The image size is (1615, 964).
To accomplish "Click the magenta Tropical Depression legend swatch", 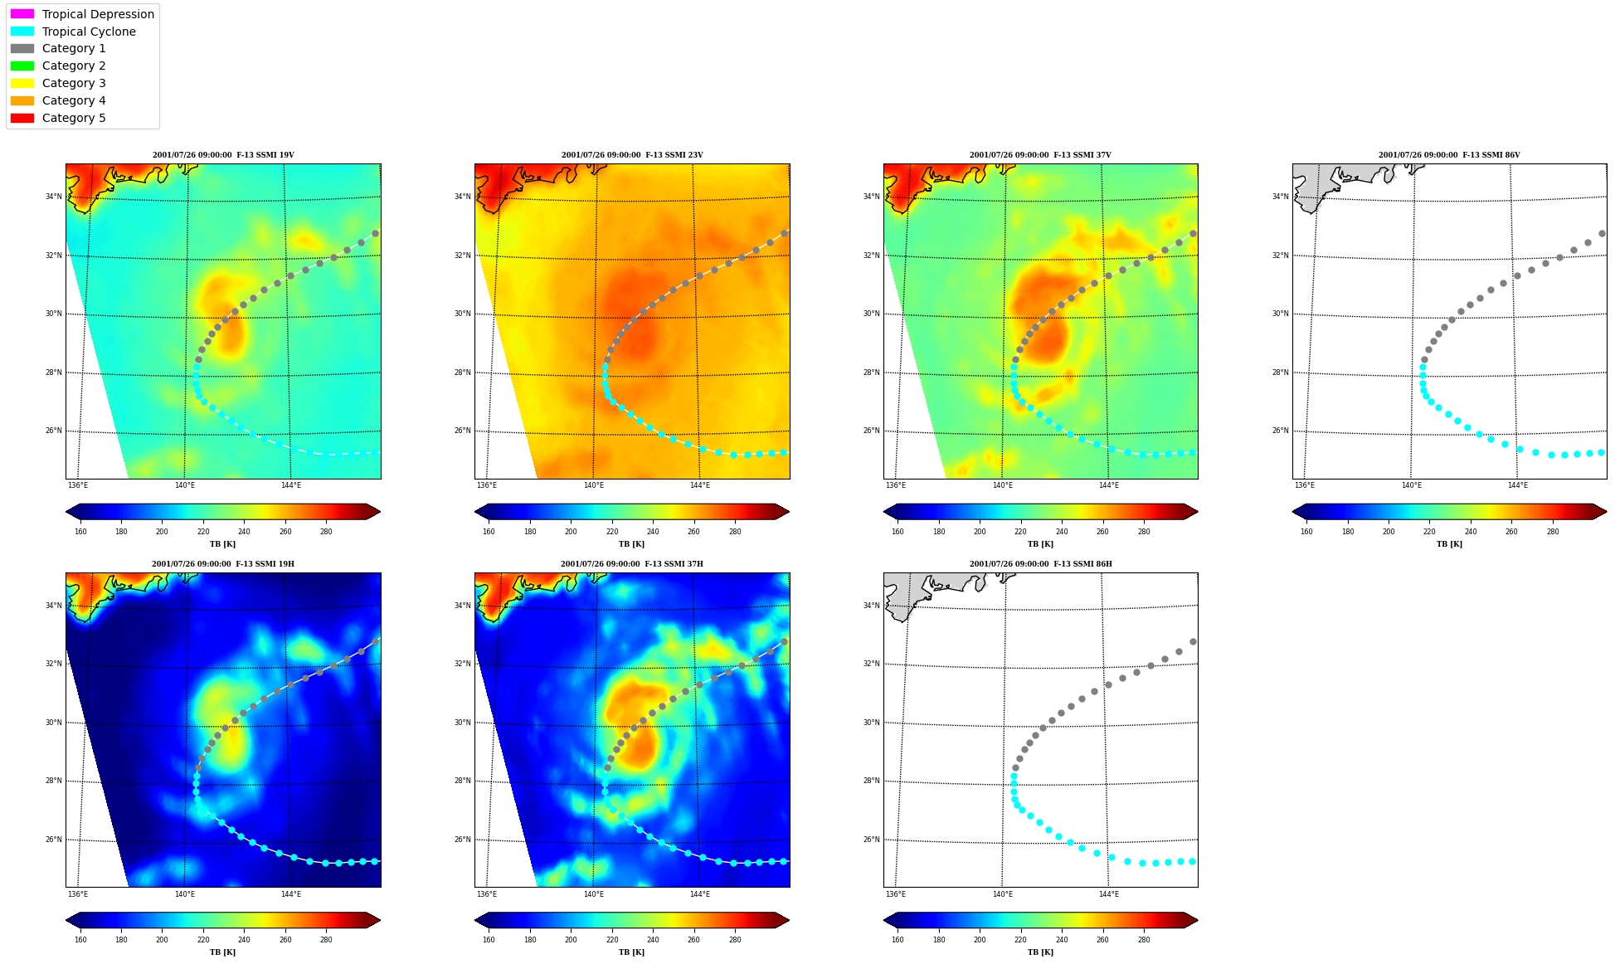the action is (x=22, y=14).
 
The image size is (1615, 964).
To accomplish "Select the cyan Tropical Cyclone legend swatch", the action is (x=22, y=32).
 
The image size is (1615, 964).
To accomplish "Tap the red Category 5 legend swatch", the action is (x=22, y=118).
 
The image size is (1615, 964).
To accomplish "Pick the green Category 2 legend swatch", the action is (x=22, y=66).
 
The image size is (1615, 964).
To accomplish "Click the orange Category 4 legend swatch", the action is (x=22, y=100).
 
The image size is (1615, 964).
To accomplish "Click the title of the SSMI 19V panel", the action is (x=223, y=155).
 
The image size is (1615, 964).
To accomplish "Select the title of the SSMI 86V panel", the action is (x=1449, y=155).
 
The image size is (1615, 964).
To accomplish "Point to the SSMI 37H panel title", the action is (x=631, y=564).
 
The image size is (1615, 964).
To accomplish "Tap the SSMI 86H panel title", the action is (x=1040, y=564).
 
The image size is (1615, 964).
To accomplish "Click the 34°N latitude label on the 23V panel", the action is (x=462, y=197).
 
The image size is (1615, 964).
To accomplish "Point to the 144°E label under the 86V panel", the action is (x=1517, y=485).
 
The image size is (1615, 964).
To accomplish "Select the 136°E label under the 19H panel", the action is (x=78, y=894).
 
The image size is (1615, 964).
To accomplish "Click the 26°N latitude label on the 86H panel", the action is (x=871, y=840).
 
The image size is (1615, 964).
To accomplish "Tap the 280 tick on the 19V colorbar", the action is (x=326, y=532).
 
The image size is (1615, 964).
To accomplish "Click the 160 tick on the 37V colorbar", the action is (x=897, y=532).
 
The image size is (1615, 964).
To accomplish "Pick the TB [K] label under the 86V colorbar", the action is (x=1449, y=544).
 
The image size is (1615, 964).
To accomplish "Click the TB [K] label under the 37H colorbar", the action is (x=631, y=952).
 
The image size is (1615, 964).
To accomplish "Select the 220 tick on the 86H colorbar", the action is (x=1020, y=940).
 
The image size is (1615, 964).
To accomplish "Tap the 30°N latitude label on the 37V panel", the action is (x=871, y=314).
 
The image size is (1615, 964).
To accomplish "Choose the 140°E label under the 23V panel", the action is (x=593, y=485).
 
